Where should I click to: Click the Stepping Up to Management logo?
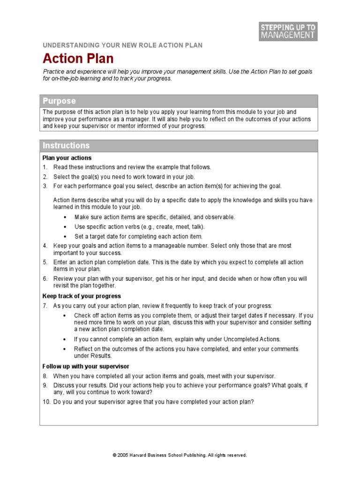pyautogui.click(x=288, y=30)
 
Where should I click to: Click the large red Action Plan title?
pyautogui.click(x=78, y=59)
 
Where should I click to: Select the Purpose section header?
pyautogui.click(x=59, y=101)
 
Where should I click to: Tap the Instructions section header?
pyautogui.click(x=66, y=146)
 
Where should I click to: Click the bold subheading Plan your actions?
pyautogui.click(x=67, y=158)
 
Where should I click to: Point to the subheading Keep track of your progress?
pyautogui.click(x=82, y=296)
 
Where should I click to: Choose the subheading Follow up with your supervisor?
pyautogui.click(x=86, y=366)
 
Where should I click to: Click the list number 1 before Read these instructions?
pyautogui.click(x=45, y=167)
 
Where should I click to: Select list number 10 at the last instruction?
pyautogui.click(x=46, y=402)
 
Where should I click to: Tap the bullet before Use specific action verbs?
pyautogui.click(x=64, y=227)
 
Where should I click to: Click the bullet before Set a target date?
pyautogui.click(x=64, y=237)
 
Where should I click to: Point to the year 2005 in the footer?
pyautogui.click(x=123, y=455)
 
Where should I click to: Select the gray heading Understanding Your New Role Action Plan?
pyautogui.click(x=123, y=45)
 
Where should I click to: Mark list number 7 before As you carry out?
pyautogui.click(x=45, y=306)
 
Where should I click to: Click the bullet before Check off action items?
pyautogui.click(x=64, y=315)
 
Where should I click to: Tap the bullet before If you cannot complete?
pyautogui.click(x=64, y=339)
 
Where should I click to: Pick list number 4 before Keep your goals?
pyautogui.click(x=45, y=246)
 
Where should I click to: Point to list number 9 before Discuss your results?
pyautogui.click(x=45, y=385)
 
